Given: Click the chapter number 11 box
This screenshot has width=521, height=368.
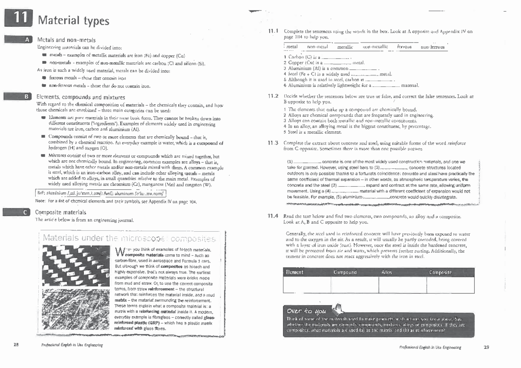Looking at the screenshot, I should [x=18, y=19].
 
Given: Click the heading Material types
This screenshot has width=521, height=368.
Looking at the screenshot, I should [x=73, y=20].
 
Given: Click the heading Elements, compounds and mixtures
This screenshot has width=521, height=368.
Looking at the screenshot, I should [x=81, y=97].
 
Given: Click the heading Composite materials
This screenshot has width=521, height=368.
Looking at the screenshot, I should [x=60, y=212].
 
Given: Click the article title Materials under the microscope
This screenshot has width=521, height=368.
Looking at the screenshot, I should [x=129, y=239].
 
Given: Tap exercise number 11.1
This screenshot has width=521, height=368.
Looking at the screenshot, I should [x=273, y=31].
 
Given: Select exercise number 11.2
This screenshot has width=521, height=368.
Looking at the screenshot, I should [x=273, y=96].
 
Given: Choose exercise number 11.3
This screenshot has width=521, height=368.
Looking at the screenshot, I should [x=273, y=143].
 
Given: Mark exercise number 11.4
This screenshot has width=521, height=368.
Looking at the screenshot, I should [x=273, y=216].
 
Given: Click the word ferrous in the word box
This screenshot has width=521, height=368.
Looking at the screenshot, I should [x=404, y=46].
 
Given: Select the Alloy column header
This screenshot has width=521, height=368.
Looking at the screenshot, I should [x=386, y=272].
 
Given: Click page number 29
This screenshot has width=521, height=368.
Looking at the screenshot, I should [x=486, y=347].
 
